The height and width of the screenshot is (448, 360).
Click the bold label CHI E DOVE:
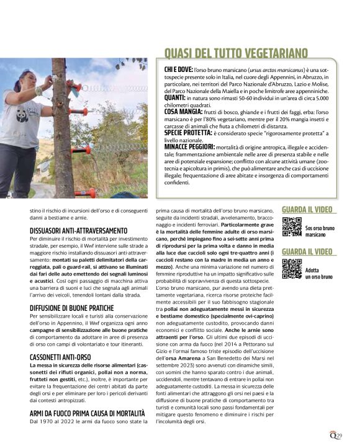(x=179, y=71)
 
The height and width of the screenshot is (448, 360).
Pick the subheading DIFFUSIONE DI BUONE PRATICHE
(x=71, y=307)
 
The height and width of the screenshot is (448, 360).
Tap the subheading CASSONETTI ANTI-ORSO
(x=60, y=357)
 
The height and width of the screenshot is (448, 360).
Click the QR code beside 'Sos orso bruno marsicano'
(x=291, y=228)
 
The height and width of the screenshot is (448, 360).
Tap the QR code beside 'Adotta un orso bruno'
(x=291, y=269)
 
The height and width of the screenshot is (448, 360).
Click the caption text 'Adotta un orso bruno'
(x=318, y=274)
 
